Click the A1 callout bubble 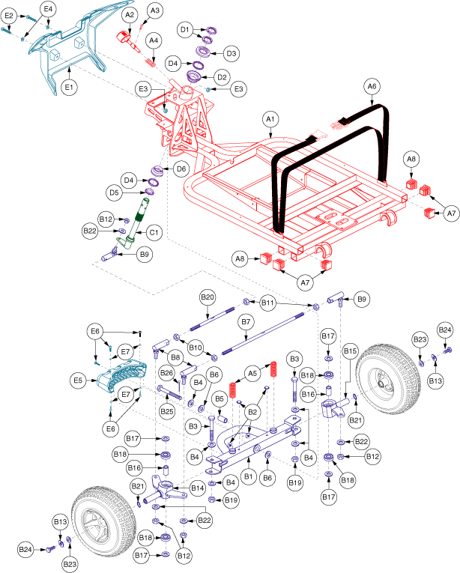[270, 118]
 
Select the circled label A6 [372, 87]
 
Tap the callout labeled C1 [154, 233]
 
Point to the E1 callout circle [69, 88]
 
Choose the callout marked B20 [208, 297]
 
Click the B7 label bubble [245, 321]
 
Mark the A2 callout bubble [128, 15]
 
